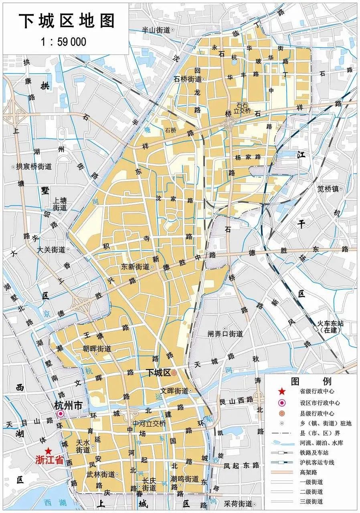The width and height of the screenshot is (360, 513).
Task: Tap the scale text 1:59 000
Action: click(64, 42)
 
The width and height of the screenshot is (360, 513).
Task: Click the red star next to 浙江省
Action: click(49, 451)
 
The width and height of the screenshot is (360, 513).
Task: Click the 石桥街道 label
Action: click(187, 79)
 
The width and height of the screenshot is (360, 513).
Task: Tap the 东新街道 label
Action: click(135, 267)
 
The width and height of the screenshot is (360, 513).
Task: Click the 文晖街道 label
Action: click(174, 390)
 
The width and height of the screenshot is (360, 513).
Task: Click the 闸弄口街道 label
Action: click(225, 333)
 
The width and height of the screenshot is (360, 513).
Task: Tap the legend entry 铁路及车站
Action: click(316, 453)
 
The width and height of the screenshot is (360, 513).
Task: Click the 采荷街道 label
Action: click(238, 503)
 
